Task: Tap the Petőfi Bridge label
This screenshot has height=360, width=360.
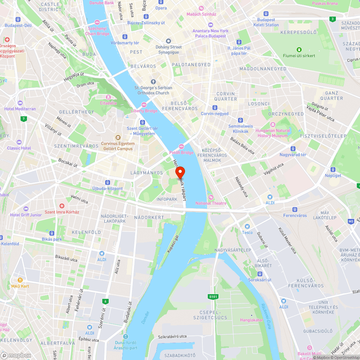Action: tap(181, 152)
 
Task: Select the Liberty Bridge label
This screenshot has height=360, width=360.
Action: tap(144, 111)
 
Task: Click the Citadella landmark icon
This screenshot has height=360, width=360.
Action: tap(108, 97)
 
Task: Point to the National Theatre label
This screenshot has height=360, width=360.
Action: tap(211, 203)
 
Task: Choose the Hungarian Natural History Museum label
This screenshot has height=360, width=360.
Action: tap(273, 133)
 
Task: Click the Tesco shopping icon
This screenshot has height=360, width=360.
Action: tap(247, 226)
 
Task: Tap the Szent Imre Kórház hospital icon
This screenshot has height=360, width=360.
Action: tap(62, 206)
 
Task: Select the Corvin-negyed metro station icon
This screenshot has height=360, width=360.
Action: tap(215, 107)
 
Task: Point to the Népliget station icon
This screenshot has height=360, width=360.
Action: tap(333, 170)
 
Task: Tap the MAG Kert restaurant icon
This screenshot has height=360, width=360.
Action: tap(20, 280)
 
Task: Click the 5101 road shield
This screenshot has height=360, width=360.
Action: tap(213, 297)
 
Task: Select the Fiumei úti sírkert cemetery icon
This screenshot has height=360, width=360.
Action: tap(298, 49)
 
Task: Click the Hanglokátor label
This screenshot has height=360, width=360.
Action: tap(252, 320)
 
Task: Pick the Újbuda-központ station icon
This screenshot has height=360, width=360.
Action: tap(107, 183)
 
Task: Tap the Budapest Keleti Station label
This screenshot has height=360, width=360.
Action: tap(266, 22)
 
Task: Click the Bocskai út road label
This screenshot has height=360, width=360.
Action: tap(68, 163)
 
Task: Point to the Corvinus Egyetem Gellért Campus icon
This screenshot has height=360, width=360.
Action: tap(118, 137)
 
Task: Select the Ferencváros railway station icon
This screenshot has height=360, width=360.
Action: tap(295, 209)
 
